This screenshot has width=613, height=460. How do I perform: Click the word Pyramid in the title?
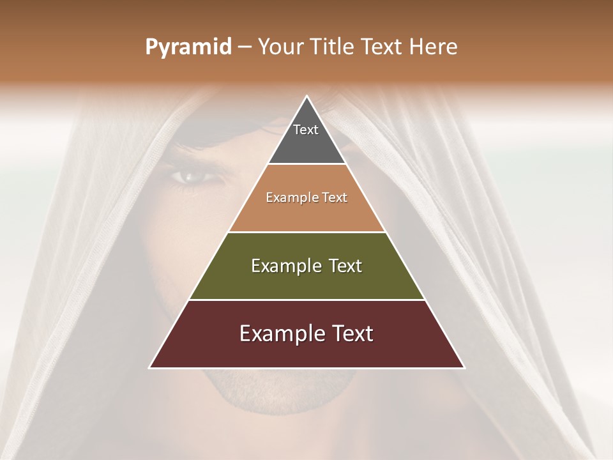(188, 47)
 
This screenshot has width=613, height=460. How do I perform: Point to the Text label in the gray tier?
(306, 130)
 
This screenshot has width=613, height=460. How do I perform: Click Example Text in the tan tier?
(306, 197)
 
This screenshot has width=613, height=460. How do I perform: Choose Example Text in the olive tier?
(306, 266)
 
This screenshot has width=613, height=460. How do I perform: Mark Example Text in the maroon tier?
(306, 333)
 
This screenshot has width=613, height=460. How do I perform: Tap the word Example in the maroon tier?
(275, 333)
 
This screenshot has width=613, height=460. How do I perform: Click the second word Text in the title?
(382, 47)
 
